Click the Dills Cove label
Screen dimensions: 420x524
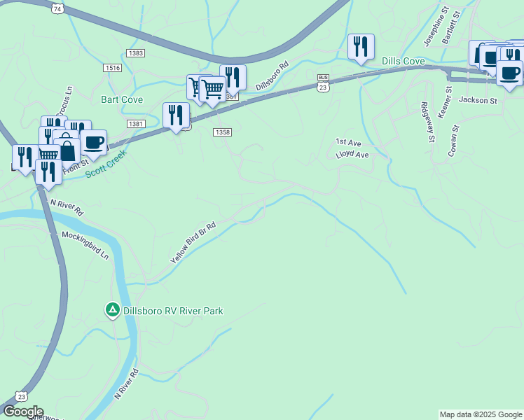tap(404, 62)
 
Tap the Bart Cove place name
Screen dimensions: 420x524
tap(122, 100)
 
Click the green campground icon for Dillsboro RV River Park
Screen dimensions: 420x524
tap(111, 309)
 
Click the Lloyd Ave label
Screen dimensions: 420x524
tap(352, 154)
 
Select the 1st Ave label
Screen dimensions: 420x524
tap(347, 141)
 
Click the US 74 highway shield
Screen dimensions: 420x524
tap(57, 8)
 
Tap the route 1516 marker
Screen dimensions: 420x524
tap(112, 68)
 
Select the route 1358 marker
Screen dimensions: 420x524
tap(223, 132)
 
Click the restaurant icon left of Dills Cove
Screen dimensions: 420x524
tap(361, 47)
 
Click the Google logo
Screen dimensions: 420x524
tap(23, 412)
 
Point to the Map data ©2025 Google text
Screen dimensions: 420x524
tap(480, 414)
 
